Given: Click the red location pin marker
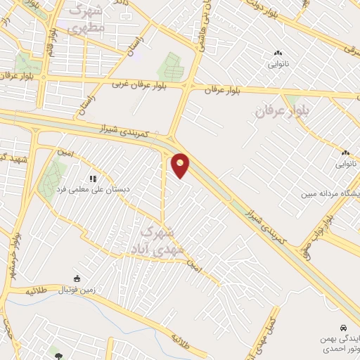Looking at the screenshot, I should [181, 165].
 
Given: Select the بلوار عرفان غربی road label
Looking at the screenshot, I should [140, 84].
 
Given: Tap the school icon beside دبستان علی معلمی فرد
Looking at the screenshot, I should [92, 179].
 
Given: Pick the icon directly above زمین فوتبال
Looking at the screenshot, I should [77, 279].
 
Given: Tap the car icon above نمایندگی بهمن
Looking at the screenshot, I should [342, 328].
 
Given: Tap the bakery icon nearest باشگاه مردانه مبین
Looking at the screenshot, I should [345, 153].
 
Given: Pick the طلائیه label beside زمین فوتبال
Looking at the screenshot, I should [35, 290].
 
